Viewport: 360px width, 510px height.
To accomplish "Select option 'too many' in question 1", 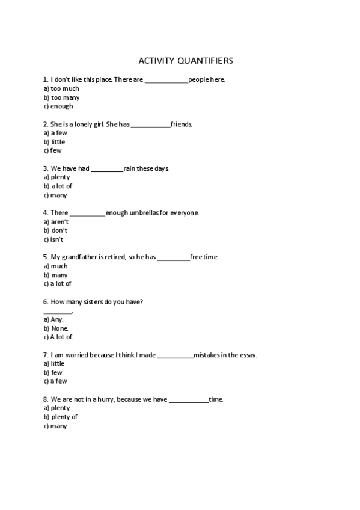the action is pyautogui.click(x=65, y=97).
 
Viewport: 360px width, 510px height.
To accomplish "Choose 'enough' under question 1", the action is pyautogui.click(x=61, y=106).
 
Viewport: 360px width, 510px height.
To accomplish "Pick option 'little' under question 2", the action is pyautogui.click(x=58, y=142).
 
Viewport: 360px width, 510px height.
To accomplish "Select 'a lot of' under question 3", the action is pyautogui.click(x=61, y=186).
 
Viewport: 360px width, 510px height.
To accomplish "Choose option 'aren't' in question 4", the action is pyautogui.click(x=59, y=222).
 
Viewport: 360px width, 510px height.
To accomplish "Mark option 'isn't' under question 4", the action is pyautogui.click(x=56, y=239).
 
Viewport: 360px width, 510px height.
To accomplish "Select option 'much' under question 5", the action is pyautogui.click(x=59, y=266).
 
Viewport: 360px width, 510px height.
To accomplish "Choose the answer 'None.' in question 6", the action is pyautogui.click(x=59, y=328).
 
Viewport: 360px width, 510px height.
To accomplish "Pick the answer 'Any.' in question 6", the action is pyautogui.click(x=57, y=319).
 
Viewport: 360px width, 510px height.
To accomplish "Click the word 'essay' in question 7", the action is pyautogui.click(x=248, y=355).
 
